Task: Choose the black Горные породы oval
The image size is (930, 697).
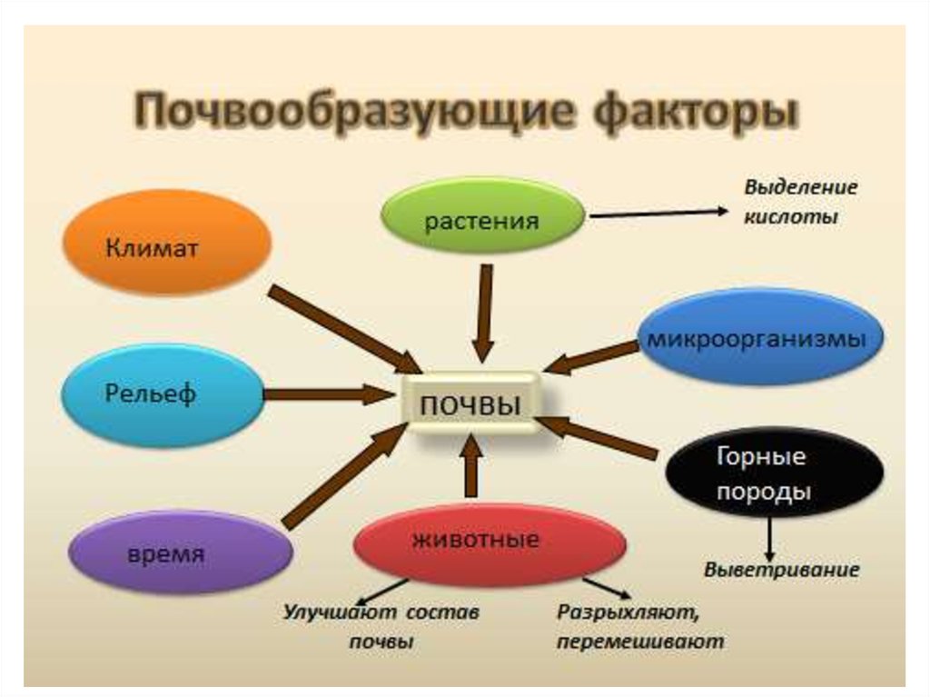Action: (775, 473)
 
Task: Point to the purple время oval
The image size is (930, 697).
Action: (181, 553)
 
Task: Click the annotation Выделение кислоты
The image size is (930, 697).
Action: (800, 202)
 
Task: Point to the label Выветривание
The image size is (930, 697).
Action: (781, 571)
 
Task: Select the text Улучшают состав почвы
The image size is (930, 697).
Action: (381, 626)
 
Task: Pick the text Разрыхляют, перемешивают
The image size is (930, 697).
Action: (641, 626)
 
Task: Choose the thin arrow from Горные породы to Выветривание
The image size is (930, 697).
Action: (769, 538)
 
